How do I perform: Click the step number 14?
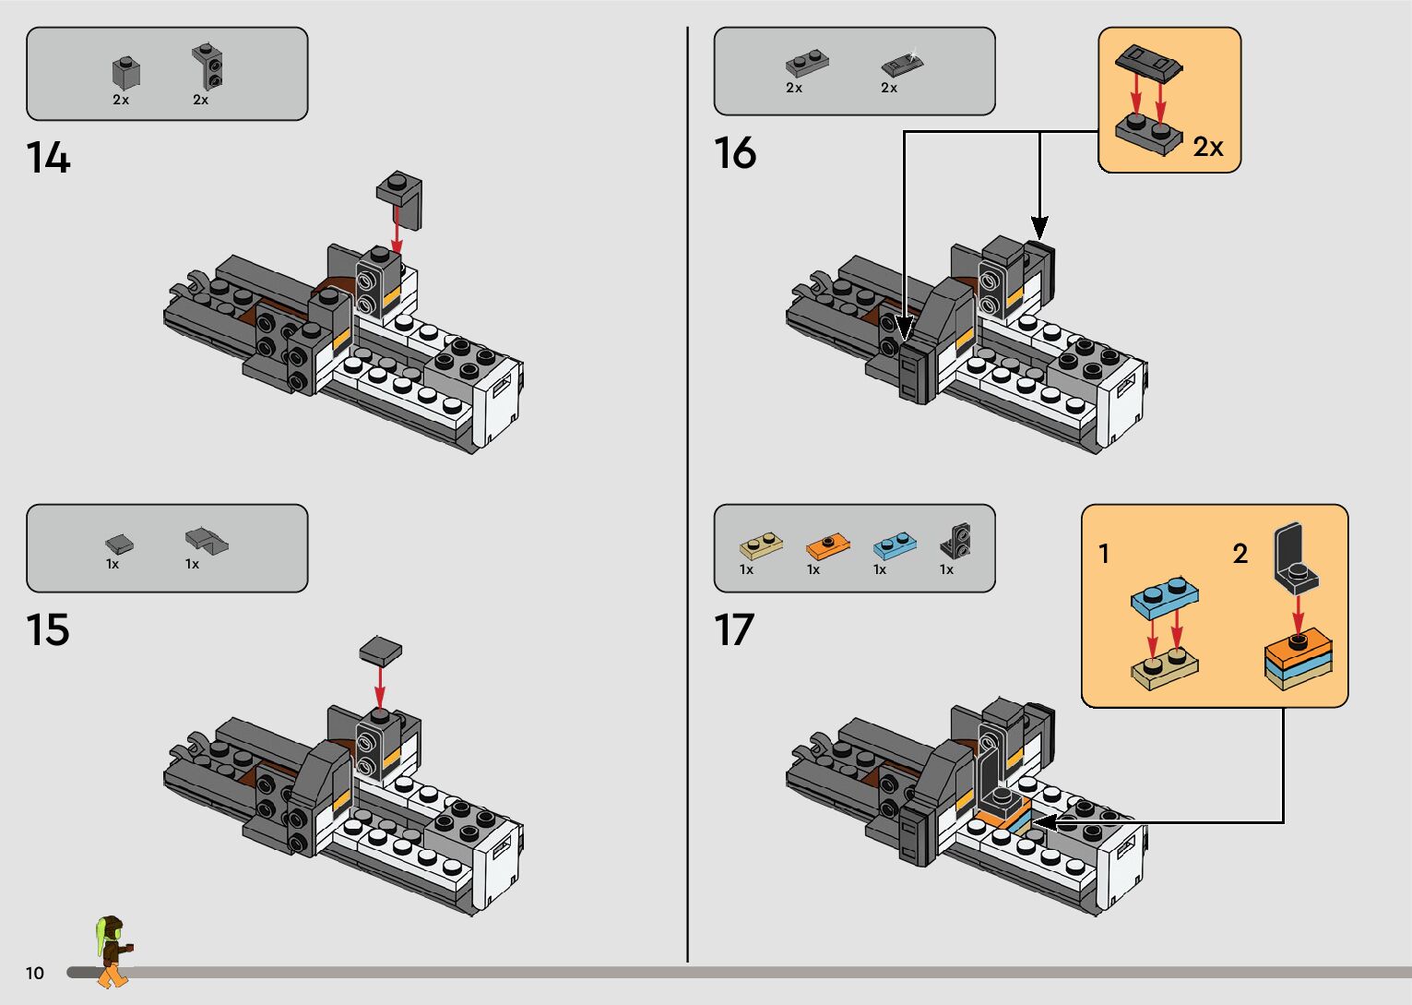(x=48, y=157)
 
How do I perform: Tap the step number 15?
(x=48, y=629)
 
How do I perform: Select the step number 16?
(x=735, y=152)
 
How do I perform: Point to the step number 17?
(x=734, y=629)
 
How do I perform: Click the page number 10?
(x=35, y=973)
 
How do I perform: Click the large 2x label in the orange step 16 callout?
(x=1208, y=147)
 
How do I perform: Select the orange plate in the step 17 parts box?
(x=827, y=545)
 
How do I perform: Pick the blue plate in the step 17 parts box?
(x=896, y=544)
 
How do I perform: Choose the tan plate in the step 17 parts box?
(x=761, y=545)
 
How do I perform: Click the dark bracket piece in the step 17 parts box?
(x=956, y=541)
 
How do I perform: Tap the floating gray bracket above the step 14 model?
(x=399, y=198)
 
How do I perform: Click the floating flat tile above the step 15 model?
(x=380, y=650)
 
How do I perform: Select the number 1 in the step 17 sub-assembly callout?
(x=1104, y=554)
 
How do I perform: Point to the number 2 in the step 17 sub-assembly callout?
(x=1240, y=554)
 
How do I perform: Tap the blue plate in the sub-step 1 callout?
(x=1164, y=597)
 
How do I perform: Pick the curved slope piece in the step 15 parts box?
(x=207, y=541)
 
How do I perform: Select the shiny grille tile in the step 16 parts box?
(x=903, y=63)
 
